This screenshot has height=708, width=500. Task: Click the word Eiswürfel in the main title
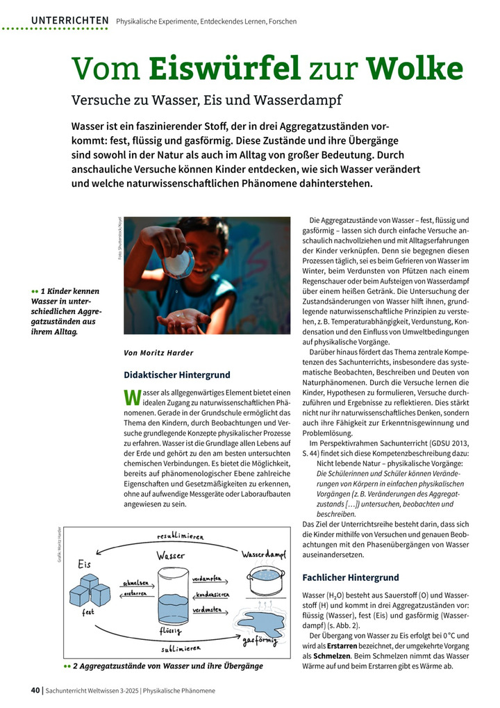[x=224, y=68]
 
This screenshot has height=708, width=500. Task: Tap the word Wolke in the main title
[x=415, y=68]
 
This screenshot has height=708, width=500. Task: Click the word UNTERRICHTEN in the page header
[x=69, y=21]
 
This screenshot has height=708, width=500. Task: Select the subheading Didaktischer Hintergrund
[x=177, y=375]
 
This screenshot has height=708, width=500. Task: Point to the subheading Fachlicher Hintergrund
[x=351, y=577]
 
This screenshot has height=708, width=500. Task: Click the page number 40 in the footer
[x=35, y=691]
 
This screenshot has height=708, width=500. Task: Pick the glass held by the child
[x=178, y=263]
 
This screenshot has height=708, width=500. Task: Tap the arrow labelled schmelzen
[x=137, y=582]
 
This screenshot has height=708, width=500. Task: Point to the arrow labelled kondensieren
[x=212, y=595]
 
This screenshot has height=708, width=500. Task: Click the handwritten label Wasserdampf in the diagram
[x=264, y=555]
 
